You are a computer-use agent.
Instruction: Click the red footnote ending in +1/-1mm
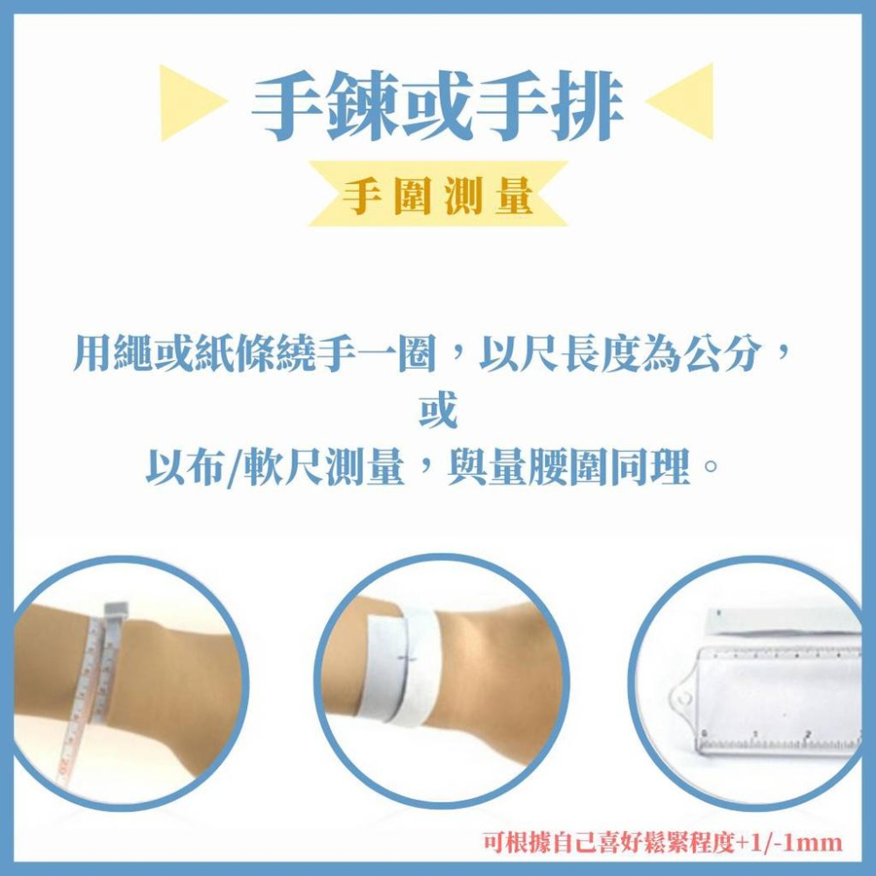pos(662,843)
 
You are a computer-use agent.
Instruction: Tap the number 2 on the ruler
pos(807,734)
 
